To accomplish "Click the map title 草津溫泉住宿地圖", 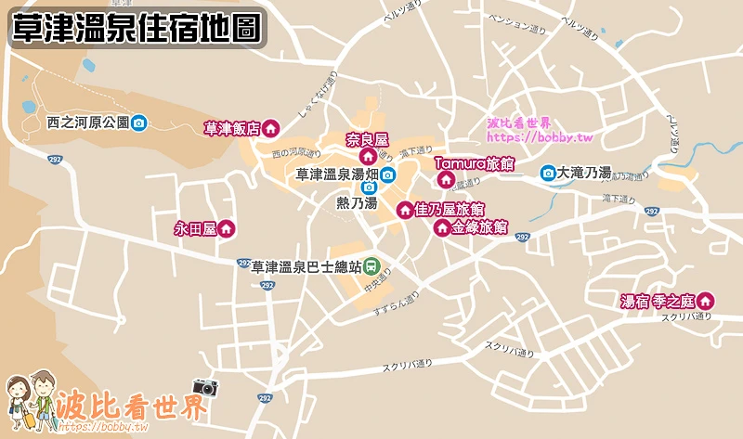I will (135, 29).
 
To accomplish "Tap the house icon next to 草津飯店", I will (271, 129).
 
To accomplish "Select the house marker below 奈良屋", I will (367, 157).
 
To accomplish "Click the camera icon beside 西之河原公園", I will (138, 123).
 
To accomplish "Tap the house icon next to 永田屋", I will (225, 228).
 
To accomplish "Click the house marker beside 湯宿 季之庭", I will (706, 301).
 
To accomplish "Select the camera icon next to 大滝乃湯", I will (548, 173).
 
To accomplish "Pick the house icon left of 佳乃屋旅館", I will (405, 211).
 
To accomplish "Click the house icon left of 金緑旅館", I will (442, 227).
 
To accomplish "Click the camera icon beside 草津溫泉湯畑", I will (387, 174).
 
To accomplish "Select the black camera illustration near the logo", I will (202, 387).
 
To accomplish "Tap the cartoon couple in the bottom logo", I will (32, 400).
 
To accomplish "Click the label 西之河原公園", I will (87, 123).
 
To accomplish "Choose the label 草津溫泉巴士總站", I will (306, 266).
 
